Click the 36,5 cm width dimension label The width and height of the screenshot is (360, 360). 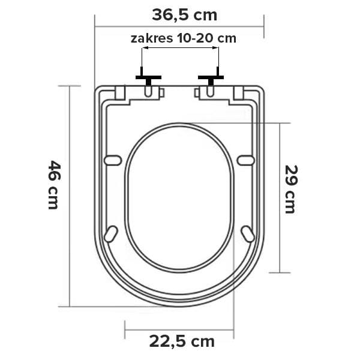184,16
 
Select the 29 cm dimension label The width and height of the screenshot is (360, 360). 291,189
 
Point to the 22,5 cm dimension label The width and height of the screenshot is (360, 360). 182,341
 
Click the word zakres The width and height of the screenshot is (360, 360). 152,38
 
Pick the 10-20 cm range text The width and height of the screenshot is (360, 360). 206,38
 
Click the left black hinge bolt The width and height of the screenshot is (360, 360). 148,77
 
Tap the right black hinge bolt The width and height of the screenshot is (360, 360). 211,77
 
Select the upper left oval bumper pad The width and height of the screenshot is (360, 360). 113,160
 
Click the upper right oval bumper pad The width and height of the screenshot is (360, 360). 246,160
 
